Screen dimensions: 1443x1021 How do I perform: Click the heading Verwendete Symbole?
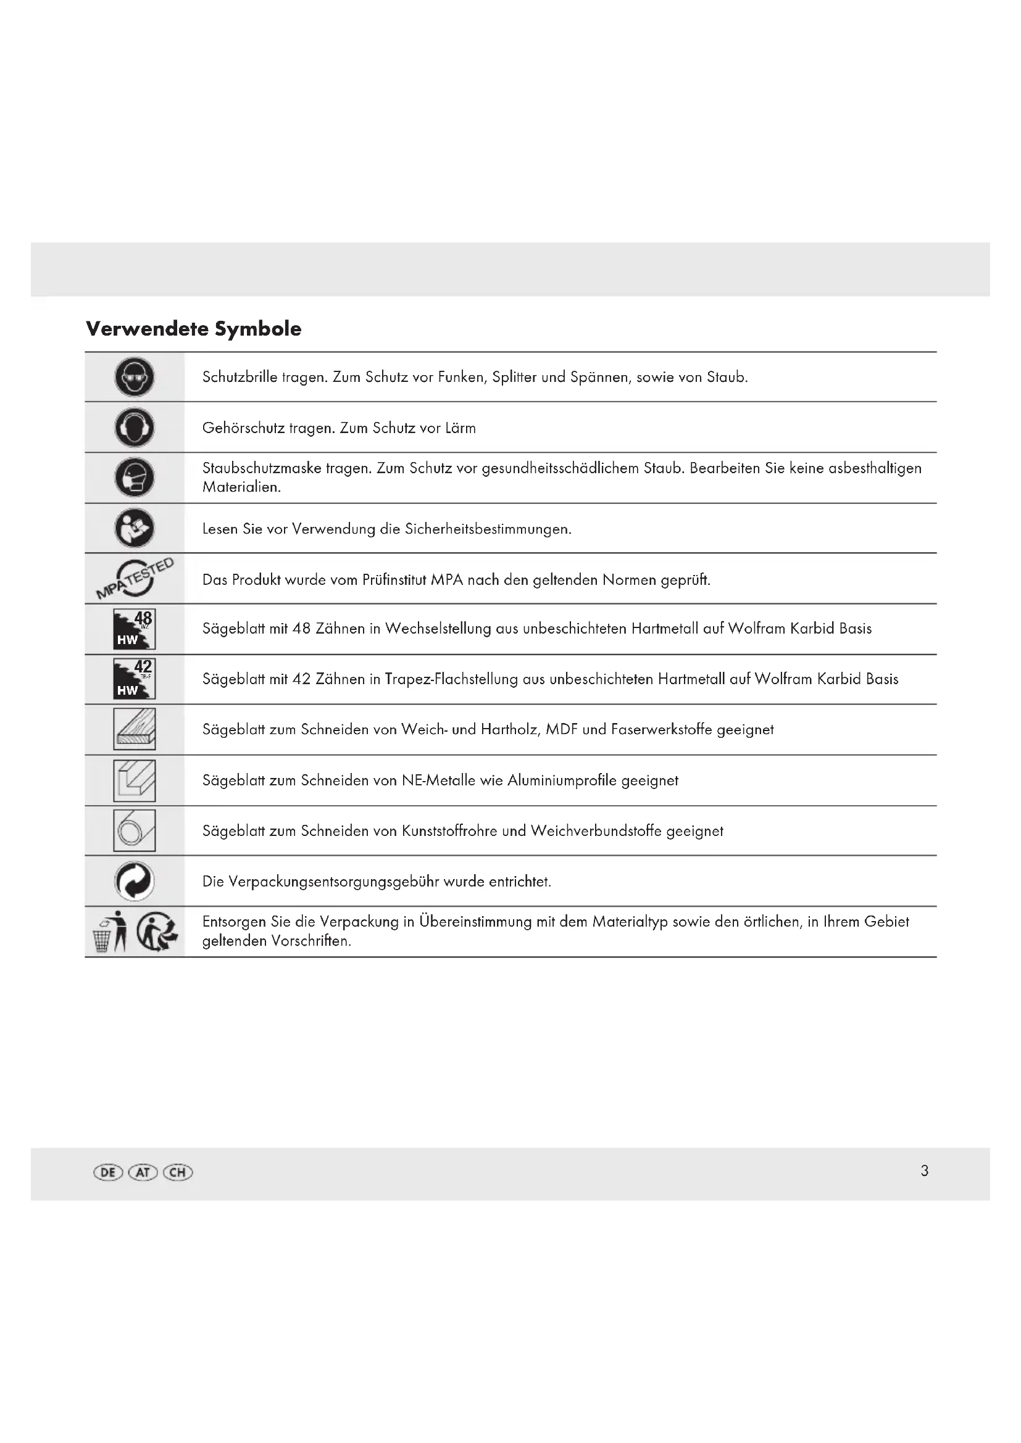click(193, 329)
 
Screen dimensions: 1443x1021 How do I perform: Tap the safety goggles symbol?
click(135, 377)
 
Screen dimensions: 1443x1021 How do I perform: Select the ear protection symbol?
click(135, 428)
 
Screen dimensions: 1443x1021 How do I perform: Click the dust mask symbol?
click(135, 478)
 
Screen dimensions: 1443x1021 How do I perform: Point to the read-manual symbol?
click(135, 528)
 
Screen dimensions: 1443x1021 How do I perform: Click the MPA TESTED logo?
click(135, 577)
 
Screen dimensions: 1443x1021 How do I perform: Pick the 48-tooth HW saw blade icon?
click(135, 629)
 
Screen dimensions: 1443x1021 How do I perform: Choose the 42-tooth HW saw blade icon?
click(135, 679)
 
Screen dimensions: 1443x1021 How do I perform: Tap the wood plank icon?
click(135, 729)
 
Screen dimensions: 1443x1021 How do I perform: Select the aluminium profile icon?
click(135, 780)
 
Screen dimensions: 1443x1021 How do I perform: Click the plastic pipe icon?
click(135, 830)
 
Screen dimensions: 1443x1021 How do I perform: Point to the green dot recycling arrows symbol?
click(135, 880)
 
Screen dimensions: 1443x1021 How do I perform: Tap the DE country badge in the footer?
click(107, 1172)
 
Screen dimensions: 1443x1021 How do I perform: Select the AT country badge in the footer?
click(143, 1172)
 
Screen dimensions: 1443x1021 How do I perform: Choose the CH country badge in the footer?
click(178, 1172)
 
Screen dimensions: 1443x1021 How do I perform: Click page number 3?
click(924, 1171)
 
